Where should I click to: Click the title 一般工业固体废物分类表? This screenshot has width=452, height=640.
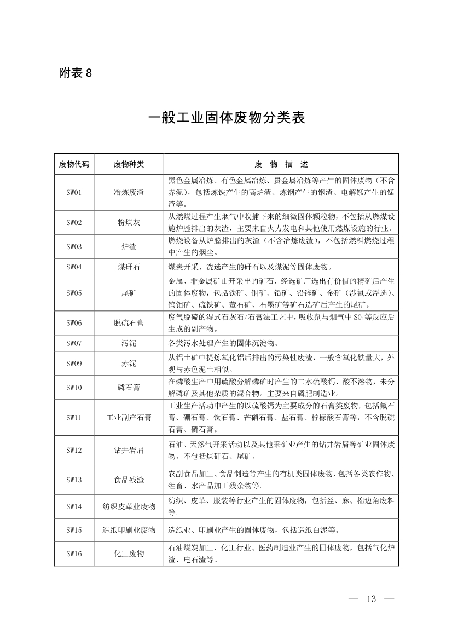[x=226, y=118]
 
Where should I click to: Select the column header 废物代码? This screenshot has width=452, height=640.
[x=74, y=164]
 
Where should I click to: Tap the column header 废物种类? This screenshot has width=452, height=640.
[x=129, y=164]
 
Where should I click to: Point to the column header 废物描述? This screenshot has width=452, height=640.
[x=281, y=164]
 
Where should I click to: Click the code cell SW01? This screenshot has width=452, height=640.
[x=74, y=192]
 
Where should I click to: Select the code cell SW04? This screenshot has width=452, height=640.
[x=74, y=267]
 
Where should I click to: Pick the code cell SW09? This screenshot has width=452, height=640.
[x=74, y=363]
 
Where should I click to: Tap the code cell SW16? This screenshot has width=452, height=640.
[x=74, y=553]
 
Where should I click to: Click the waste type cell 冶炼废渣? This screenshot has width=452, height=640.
[x=129, y=192]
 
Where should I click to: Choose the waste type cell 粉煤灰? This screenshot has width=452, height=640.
[x=129, y=222]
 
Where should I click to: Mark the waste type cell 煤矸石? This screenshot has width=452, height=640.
[x=129, y=267]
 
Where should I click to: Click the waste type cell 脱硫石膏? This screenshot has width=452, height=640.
[x=129, y=323]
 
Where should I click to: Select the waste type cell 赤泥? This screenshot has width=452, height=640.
[x=129, y=363]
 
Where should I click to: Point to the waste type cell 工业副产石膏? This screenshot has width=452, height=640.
[x=129, y=418]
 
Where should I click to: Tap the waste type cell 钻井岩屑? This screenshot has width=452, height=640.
[x=129, y=450]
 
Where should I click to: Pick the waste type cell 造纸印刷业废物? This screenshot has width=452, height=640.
[x=129, y=530]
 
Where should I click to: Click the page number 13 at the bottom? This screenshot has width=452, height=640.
[x=372, y=598]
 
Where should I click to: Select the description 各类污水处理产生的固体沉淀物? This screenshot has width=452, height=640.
[x=223, y=344]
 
